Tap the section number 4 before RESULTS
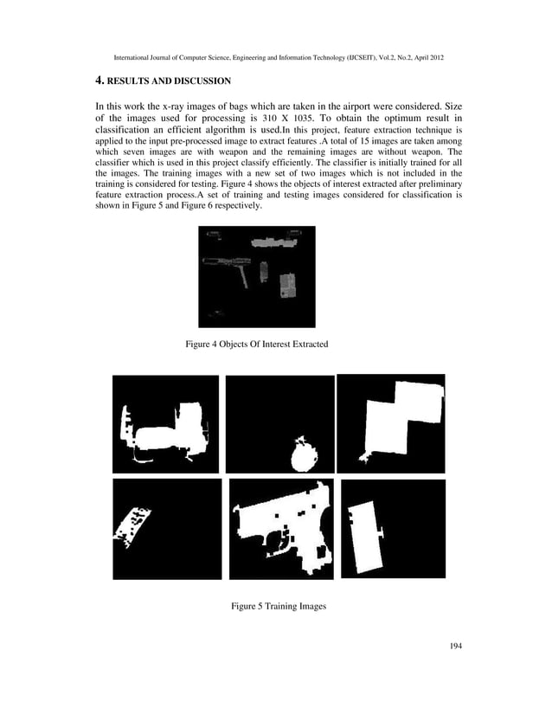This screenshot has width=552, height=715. pyautogui.click(x=99, y=81)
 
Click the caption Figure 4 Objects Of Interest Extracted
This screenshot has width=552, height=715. pyautogui.click(x=257, y=345)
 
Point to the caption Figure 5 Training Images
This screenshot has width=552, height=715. pyautogui.click(x=278, y=607)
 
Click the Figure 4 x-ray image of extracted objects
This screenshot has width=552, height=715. pyautogui.click(x=256, y=277)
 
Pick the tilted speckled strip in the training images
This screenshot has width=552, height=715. pyautogui.click(x=132, y=527)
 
